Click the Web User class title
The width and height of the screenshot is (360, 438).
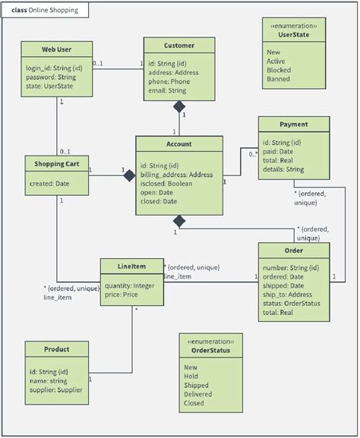pos(57,50)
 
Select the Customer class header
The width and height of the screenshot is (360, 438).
pos(179,46)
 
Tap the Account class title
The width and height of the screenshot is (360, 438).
pos(179,143)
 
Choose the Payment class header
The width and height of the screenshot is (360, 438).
pos(293,124)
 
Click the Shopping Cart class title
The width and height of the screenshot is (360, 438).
pos(57,164)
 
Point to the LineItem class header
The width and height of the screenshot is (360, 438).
pos(131,266)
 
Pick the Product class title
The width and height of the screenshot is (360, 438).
pos(57,349)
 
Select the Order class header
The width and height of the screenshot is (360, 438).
pos(293,251)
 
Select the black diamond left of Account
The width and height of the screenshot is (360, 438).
pos(130,176)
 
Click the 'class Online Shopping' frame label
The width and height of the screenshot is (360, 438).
pos(45,11)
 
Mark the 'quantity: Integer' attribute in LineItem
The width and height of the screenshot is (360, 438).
pos(131,285)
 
